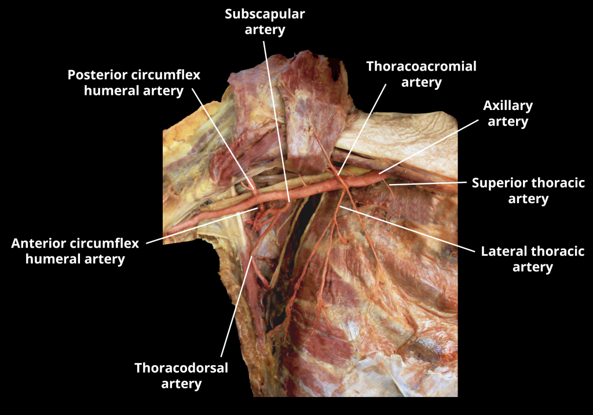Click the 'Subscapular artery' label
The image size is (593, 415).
pyautogui.click(x=265, y=21)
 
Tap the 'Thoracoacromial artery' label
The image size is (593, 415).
pyautogui.click(x=421, y=74)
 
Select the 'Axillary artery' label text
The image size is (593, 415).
pyautogui.click(x=508, y=113)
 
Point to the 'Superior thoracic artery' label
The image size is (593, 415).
pyautogui.click(x=528, y=191)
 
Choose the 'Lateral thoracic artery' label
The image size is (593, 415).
pyautogui.click(x=532, y=259)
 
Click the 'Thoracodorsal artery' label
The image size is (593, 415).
pyautogui.click(x=181, y=376)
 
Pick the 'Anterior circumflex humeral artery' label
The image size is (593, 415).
pyautogui.click(x=75, y=251)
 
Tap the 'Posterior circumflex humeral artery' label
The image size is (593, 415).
pyautogui.click(x=134, y=83)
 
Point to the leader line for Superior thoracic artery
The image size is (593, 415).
pyautogui.click(x=429, y=183)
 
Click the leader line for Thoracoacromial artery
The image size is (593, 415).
pyautogui.click(x=362, y=127)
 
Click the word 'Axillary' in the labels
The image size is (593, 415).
pyautogui.click(x=508, y=106)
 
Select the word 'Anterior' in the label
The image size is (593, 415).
pyautogui.click(x=36, y=244)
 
